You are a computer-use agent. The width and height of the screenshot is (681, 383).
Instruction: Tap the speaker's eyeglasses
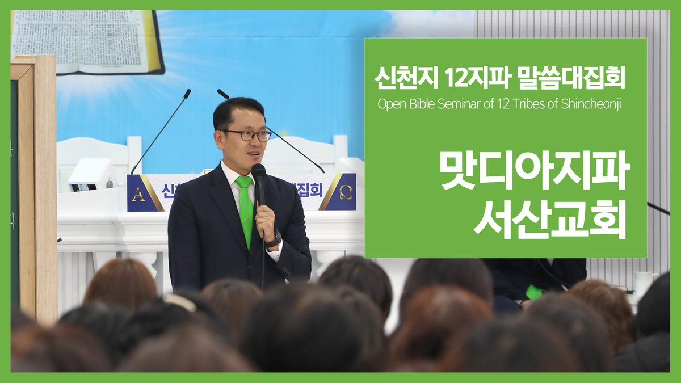tap(247, 135)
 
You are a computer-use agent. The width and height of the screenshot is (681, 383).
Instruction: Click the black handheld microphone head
tap(258, 173)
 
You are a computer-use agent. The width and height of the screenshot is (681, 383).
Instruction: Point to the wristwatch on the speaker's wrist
tap(275, 238)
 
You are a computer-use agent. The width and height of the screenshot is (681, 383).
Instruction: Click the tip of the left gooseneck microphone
tap(187, 91)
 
